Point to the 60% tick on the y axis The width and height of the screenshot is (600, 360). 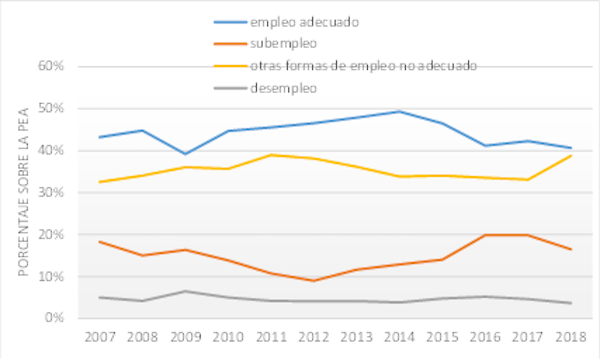coord(50,66)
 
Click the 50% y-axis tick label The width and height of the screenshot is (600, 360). coord(50,108)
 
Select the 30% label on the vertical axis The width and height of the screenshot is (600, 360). coord(50,192)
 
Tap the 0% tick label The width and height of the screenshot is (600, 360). coord(53,318)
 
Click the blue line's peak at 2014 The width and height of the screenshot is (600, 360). coord(399,111)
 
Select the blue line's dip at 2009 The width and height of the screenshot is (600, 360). coord(185,154)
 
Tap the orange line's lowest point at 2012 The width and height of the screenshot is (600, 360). coord(314,280)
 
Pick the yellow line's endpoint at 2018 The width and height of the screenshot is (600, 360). coord(570,155)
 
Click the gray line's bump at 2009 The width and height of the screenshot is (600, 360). coord(185,291)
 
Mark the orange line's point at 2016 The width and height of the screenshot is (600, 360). coord(485,235)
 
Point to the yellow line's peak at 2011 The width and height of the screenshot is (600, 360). coord(271,155)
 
